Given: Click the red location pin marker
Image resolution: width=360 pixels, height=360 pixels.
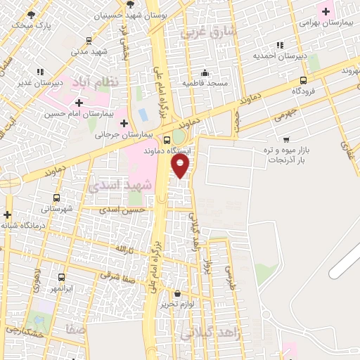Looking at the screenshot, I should (x=181, y=166).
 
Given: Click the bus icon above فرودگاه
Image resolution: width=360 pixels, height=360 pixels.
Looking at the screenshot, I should (x=303, y=80).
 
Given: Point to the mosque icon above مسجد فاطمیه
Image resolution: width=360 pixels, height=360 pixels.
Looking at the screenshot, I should (x=205, y=72).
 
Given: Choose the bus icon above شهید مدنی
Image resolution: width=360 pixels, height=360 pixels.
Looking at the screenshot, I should (x=89, y=41).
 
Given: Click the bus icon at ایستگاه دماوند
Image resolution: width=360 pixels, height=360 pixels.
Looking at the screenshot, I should (x=167, y=140).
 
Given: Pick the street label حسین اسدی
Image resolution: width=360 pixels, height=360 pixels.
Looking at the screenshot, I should (x=122, y=210).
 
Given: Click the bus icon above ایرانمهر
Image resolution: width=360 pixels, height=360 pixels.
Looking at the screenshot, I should (x=62, y=277).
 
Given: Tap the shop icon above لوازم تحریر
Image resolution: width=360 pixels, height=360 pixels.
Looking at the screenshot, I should (x=176, y=293).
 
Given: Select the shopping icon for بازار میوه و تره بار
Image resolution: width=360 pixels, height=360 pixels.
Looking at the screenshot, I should (x=286, y=139).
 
